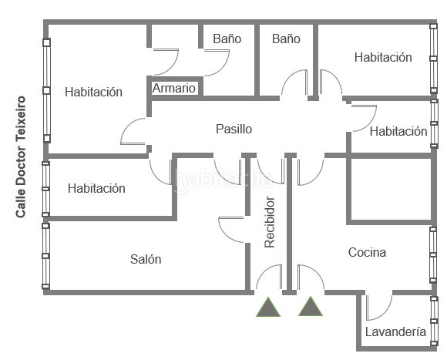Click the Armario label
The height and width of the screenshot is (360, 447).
pyautogui.click(x=174, y=89)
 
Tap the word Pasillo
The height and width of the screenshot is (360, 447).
pyautogui.click(x=234, y=129)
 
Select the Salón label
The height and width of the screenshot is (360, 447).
pyautogui.click(x=146, y=259)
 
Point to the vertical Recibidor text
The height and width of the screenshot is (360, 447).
pyautogui.click(x=270, y=222)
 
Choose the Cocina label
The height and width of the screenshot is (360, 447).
pyautogui.click(x=367, y=252)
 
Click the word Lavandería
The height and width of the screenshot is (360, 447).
pyautogui.click(x=395, y=331)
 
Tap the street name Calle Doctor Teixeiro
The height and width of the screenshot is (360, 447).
pyautogui.click(x=21, y=157)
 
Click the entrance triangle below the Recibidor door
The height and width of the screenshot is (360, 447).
pyautogui.click(x=268, y=307)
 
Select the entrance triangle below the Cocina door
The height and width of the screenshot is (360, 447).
pyautogui.click(x=311, y=306)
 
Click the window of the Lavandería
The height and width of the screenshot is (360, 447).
pyautogui.click(x=434, y=321)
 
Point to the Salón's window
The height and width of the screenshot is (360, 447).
pyautogui.click(x=45, y=256)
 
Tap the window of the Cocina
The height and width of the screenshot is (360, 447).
pyautogui.click(x=433, y=255)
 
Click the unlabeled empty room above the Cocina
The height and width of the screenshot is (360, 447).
pyautogui.click(x=391, y=190)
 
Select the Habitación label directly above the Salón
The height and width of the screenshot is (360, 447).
pyautogui.click(x=96, y=188)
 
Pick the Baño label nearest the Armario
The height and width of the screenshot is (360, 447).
pyautogui.click(x=227, y=39)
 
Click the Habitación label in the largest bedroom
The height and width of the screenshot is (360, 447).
pyautogui.click(x=93, y=92)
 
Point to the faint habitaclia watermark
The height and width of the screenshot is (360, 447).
pyautogui.click(x=223, y=180)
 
